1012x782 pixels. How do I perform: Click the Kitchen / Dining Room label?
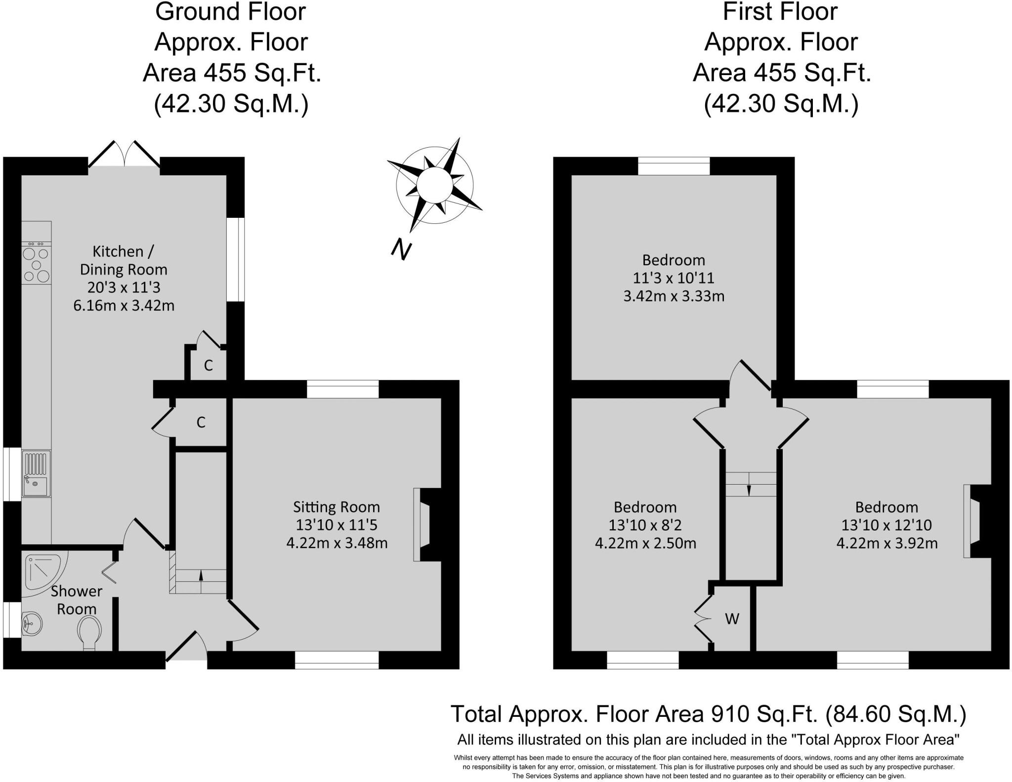pyautogui.click(x=123, y=260)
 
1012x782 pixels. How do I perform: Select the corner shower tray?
pyautogui.click(x=43, y=574)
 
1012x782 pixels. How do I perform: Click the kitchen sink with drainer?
pyautogui.click(x=36, y=473)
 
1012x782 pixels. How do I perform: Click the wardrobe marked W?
pyautogui.click(x=732, y=618)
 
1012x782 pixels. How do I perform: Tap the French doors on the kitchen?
pyautogui.click(x=124, y=156)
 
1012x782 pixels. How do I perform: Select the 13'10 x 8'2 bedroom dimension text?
pyautogui.click(x=645, y=525)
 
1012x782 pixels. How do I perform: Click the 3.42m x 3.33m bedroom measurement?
pyautogui.click(x=674, y=296)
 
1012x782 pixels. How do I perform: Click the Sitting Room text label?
pyautogui.click(x=336, y=507)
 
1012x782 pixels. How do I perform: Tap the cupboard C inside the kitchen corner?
pyautogui.click(x=209, y=365)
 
